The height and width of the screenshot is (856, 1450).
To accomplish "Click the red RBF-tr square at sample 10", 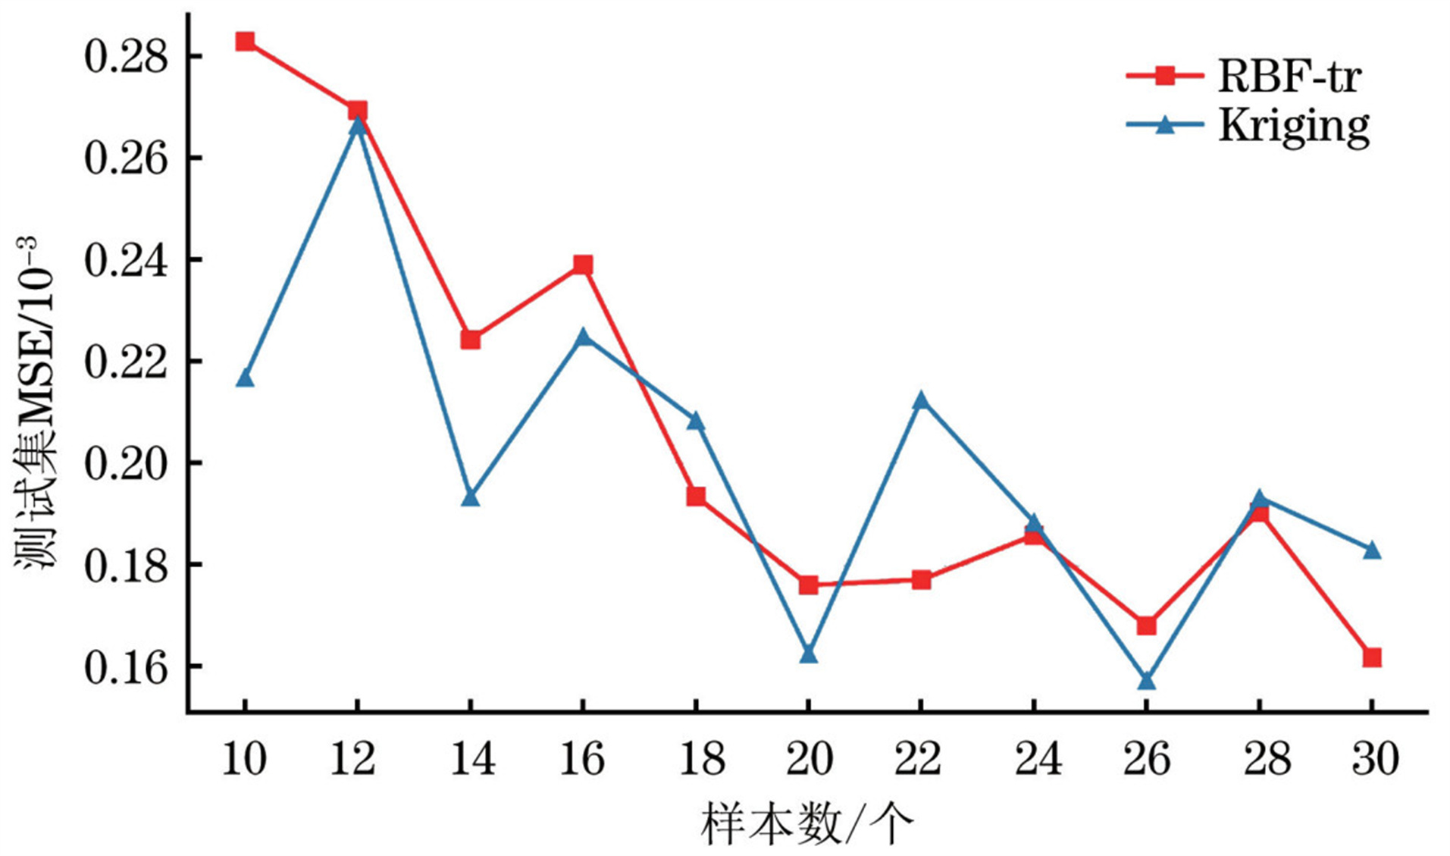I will pyautogui.click(x=244, y=41).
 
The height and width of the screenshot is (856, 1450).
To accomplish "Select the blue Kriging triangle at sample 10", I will pyautogui.click(x=244, y=378).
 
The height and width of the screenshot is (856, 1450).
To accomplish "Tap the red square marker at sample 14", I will pyautogui.click(x=470, y=339).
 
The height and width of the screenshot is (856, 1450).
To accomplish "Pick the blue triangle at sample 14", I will pyautogui.click(x=470, y=498).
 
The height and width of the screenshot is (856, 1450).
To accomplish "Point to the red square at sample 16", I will pyautogui.click(x=582, y=265).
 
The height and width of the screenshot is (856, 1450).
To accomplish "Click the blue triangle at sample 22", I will pyautogui.click(x=921, y=400).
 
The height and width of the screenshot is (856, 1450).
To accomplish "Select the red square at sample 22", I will pyautogui.click(x=921, y=580).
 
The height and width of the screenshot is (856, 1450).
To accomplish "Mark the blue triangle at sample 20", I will pyautogui.click(x=808, y=654).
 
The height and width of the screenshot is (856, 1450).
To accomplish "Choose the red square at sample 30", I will pyautogui.click(x=1371, y=657).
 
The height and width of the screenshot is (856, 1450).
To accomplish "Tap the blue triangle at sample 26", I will pyautogui.click(x=1146, y=681).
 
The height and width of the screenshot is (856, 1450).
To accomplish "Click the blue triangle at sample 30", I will pyautogui.click(x=1371, y=550).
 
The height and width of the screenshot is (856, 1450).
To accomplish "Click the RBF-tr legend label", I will pyautogui.click(x=1289, y=77).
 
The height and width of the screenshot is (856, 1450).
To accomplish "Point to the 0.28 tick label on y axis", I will pyautogui.click(x=125, y=57).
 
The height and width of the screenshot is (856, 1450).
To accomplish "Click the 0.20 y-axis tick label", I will pyautogui.click(x=125, y=463).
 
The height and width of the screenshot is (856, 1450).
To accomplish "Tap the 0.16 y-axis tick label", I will pyautogui.click(x=125, y=667).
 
